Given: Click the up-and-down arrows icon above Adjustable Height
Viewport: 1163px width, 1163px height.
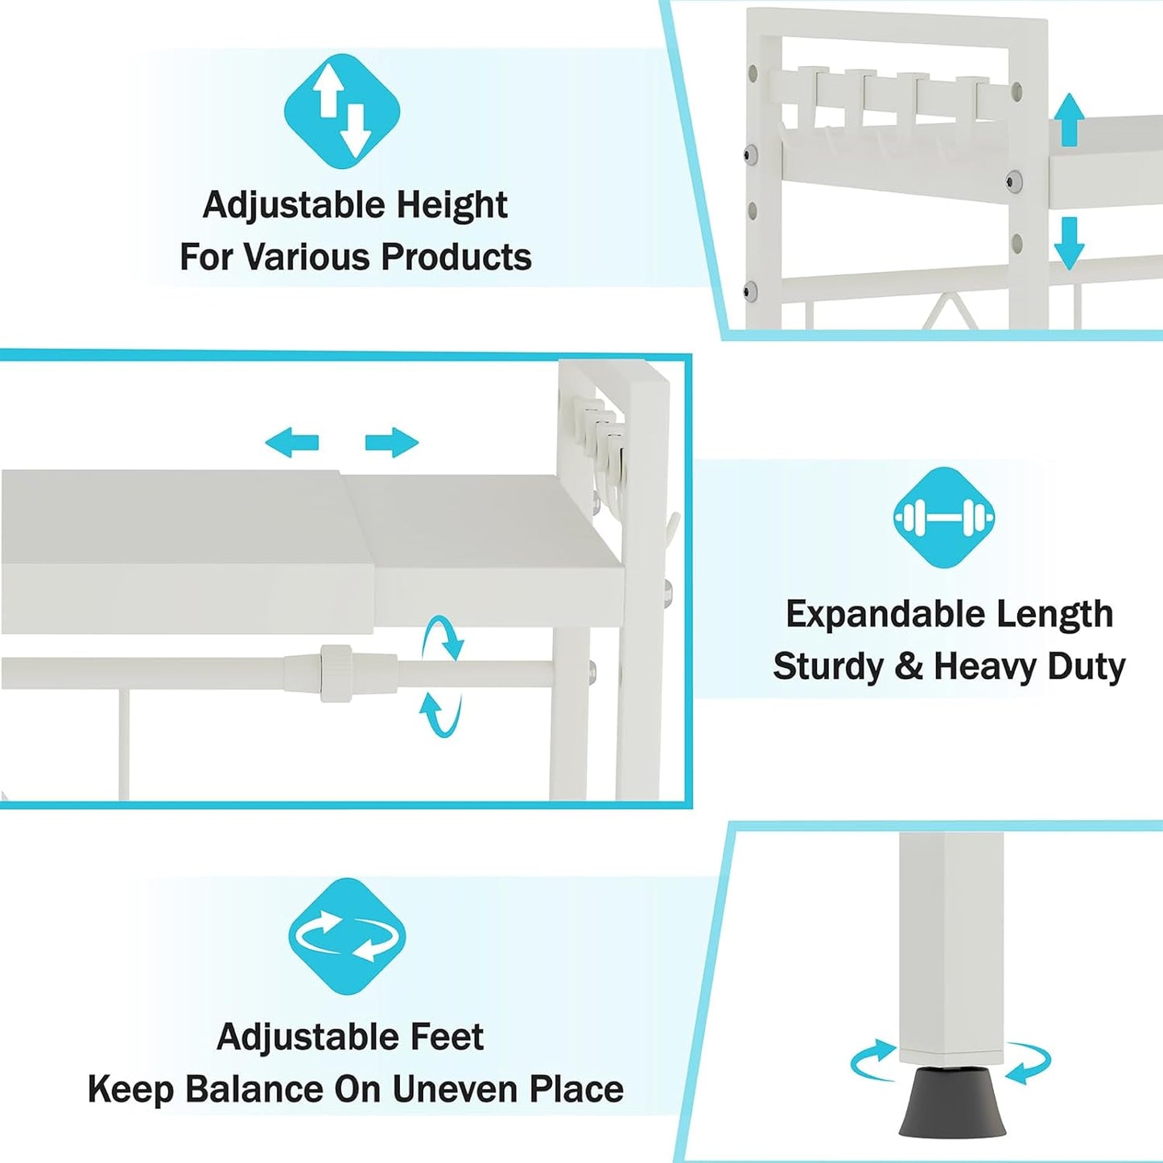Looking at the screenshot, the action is pyautogui.click(x=342, y=112).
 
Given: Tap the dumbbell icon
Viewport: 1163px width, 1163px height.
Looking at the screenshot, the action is pyautogui.click(x=944, y=518).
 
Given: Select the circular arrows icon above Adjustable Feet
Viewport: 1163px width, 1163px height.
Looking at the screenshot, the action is pyautogui.click(x=346, y=937).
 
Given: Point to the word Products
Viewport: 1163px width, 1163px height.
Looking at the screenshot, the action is pyautogui.click(x=456, y=257).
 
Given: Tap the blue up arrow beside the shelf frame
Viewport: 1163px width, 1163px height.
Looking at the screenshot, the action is pyautogui.click(x=1069, y=119).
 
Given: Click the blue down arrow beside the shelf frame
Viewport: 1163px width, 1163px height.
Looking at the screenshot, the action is pyautogui.click(x=1069, y=243).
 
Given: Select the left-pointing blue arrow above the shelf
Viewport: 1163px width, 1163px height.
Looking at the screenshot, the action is pyautogui.click(x=292, y=443).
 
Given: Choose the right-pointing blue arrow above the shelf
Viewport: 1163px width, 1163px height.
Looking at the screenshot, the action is pyautogui.click(x=392, y=443).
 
